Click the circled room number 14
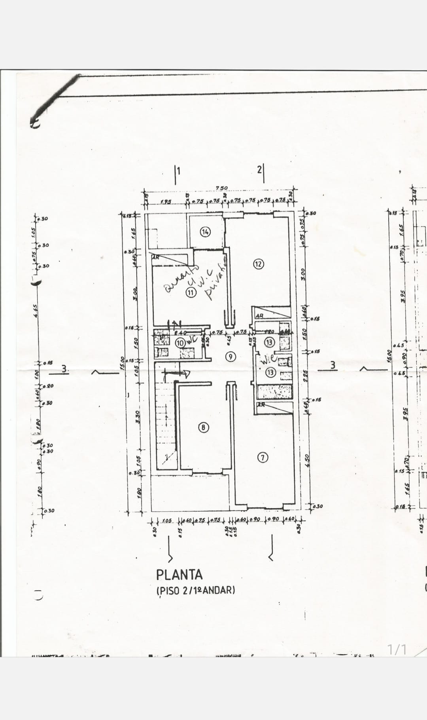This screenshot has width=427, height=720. [x=205, y=232]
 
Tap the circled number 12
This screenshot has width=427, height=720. [x=259, y=264]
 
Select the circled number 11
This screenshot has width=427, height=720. [x=191, y=293]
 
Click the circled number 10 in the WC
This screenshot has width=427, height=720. [x=180, y=343]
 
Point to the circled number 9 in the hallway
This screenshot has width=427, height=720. [x=230, y=356]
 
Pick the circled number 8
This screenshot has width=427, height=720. [x=203, y=427]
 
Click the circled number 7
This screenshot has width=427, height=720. [x=263, y=458]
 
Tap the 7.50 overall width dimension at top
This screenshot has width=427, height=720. [x=221, y=188]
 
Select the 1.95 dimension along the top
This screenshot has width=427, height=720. [x=166, y=202]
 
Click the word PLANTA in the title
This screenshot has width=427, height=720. [x=179, y=575]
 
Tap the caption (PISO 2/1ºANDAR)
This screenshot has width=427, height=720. [x=196, y=590]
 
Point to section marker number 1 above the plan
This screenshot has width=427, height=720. [x=178, y=171]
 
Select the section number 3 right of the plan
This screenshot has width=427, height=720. [x=333, y=365]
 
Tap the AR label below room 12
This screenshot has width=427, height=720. [x=260, y=316]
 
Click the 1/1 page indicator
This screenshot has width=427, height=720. [x=397, y=649]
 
